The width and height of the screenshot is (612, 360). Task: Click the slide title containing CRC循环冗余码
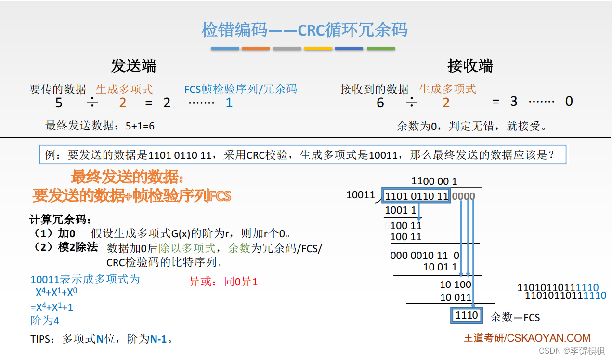coord(304,30)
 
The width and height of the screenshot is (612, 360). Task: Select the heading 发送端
coord(133,66)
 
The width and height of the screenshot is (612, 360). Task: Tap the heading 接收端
coord(470,66)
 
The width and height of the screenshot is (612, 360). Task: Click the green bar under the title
coord(380,49)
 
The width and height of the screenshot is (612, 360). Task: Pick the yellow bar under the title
coord(318,49)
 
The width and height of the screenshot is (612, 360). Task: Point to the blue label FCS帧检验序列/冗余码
coord(241,89)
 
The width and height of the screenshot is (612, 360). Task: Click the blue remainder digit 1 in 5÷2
coord(229,103)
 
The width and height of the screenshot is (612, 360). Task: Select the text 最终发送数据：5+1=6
coord(100,126)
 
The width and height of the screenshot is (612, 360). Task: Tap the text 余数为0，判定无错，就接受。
coord(472,126)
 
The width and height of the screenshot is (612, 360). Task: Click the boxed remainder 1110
coord(467,315)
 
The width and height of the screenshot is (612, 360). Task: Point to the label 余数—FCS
coord(515,318)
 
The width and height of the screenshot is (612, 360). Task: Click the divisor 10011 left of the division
coord(360,195)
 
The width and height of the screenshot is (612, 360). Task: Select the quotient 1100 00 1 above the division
coord(434,181)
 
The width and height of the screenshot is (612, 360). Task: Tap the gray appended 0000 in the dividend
coord(463,196)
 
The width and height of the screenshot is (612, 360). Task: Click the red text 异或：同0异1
coord(223,282)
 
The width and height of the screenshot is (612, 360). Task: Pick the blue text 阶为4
coord(45,321)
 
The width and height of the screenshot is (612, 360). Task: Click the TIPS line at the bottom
coord(102,339)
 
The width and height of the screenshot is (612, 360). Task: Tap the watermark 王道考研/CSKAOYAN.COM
coord(527,338)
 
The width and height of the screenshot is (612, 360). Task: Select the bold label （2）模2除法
coord(66,247)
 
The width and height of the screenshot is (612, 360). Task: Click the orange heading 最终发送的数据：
coord(128,177)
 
